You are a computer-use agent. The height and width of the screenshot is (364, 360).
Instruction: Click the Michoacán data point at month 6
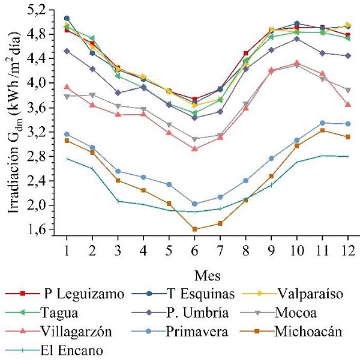[x=194, y=229]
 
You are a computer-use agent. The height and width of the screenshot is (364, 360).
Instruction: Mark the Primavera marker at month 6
[x=194, y=204]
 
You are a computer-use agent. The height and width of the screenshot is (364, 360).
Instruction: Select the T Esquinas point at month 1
[x=67, y=18]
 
